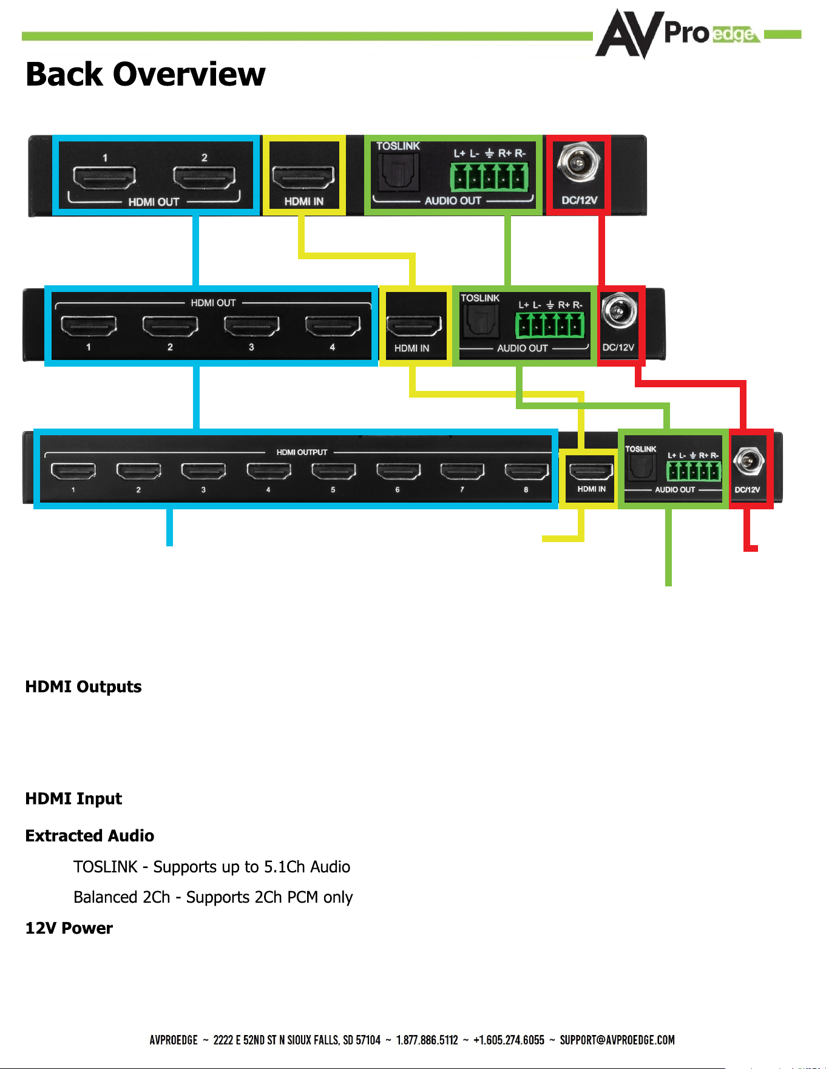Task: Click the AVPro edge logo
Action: point(677,33)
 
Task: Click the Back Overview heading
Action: point(146,74)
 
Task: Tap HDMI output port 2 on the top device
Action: point(204,177)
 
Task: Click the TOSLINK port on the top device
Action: point(398,173)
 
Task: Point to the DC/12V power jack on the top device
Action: point(578,163)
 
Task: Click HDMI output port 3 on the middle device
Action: point(251,326)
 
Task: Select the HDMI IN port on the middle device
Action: point(414,327)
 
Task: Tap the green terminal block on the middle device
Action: point(550,325)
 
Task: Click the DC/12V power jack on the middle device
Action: point(619,311)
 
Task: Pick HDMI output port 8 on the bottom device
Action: point(526,471)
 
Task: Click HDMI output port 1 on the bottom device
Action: point(73,471)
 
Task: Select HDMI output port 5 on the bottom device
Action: point(333,471)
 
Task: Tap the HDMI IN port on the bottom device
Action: point(591,471)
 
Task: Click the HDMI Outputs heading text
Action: point(83,687)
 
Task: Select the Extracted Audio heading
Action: point(90,836)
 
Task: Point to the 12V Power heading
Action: point(69,928)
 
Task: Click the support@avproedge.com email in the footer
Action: point(617,1040)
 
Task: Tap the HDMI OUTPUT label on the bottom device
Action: point(302,452)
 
